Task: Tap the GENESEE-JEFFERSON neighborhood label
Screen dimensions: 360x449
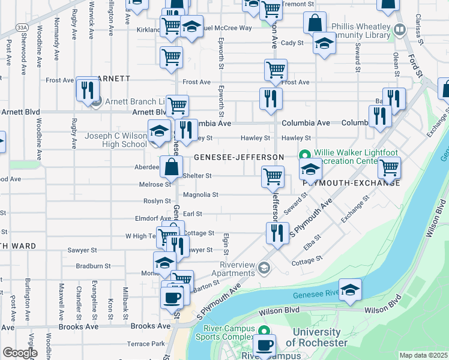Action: (238, 157)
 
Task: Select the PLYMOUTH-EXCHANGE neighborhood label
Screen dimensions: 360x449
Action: (351, 182)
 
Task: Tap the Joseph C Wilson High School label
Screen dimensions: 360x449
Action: (115, 140)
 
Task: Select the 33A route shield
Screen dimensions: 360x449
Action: (22, 28)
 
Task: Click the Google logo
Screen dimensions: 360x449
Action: (19, 353)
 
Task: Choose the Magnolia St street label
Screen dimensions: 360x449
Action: (200, 195)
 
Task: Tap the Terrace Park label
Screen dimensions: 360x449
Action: (146, 344)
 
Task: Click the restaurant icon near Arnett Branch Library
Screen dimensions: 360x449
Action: (88, 89)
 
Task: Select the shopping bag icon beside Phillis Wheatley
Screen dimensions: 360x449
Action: (315, 23)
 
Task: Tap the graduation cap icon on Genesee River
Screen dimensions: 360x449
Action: (351, 290)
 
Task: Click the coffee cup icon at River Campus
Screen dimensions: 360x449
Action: (265, 345)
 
